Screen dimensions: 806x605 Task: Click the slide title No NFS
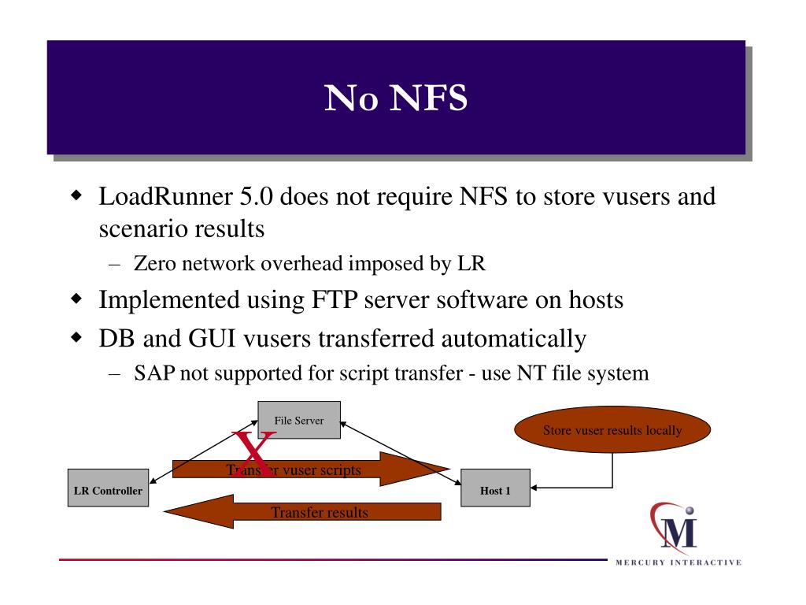[396, 97]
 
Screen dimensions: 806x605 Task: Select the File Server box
[298, 420]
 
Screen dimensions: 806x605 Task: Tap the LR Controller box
[108, 488]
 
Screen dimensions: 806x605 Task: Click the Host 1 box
[495, 488]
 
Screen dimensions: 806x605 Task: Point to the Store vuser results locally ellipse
[612, 429]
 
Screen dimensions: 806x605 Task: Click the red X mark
[253, 454]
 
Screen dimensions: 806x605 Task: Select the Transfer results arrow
[302, 511]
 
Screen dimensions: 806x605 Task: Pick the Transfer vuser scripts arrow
[311, 469]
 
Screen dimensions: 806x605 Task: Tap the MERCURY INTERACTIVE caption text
[678, 562]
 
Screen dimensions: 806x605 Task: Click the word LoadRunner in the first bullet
[165, 196]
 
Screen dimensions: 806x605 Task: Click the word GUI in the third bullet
[213, 339]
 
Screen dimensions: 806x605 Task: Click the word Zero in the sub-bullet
[155, 263]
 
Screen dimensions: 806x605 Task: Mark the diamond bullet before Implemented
[76, 299]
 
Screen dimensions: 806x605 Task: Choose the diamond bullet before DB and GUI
[76, 337]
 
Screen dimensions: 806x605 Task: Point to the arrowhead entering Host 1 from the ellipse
[534, 487]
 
